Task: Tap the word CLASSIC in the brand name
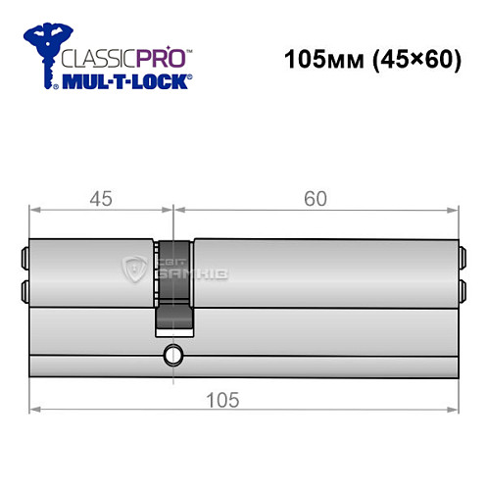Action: [x=94, y=57]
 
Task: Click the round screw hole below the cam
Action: [x=173, y=354]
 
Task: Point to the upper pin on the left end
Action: [x=24, y=261]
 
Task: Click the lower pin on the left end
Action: [x=24, y=290]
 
